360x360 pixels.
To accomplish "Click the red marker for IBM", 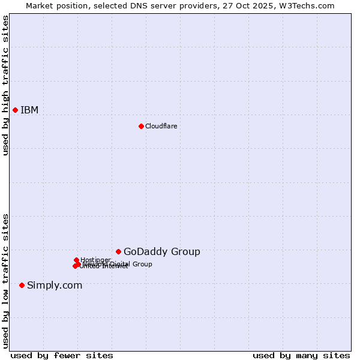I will pyautogui.click(x=15, y=110).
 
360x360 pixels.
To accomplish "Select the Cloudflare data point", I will pyautogui.click(x=141, y=126).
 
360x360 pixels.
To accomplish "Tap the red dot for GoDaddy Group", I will pyautogui.click(x=118, y=251).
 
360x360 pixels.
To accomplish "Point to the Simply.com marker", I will pyautogui.click(x=22, y=285).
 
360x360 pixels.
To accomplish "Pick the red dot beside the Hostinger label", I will pyautogui.click(x=76, y=260).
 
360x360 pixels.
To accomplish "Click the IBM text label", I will pyautogui.click(x=29, y=110).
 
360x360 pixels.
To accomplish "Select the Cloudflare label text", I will pyautogui.click(x=161, y=126).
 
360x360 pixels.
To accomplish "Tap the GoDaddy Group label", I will pyautogui.click(x=161, y=251).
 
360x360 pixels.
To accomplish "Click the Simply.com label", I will pyautogui.click(x=55, y=285).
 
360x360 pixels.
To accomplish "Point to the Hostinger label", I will pyautogui.click(x=95, y=260).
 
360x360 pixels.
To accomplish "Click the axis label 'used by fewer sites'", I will pyautogui.click(x=62, y=355).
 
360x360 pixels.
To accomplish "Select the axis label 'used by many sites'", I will pyautogui.click(x=301, y=355).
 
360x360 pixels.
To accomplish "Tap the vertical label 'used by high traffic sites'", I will pyautogui.click(x=5, y=85).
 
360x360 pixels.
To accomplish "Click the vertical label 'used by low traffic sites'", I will pyautogui.click(x=5, y=280).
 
